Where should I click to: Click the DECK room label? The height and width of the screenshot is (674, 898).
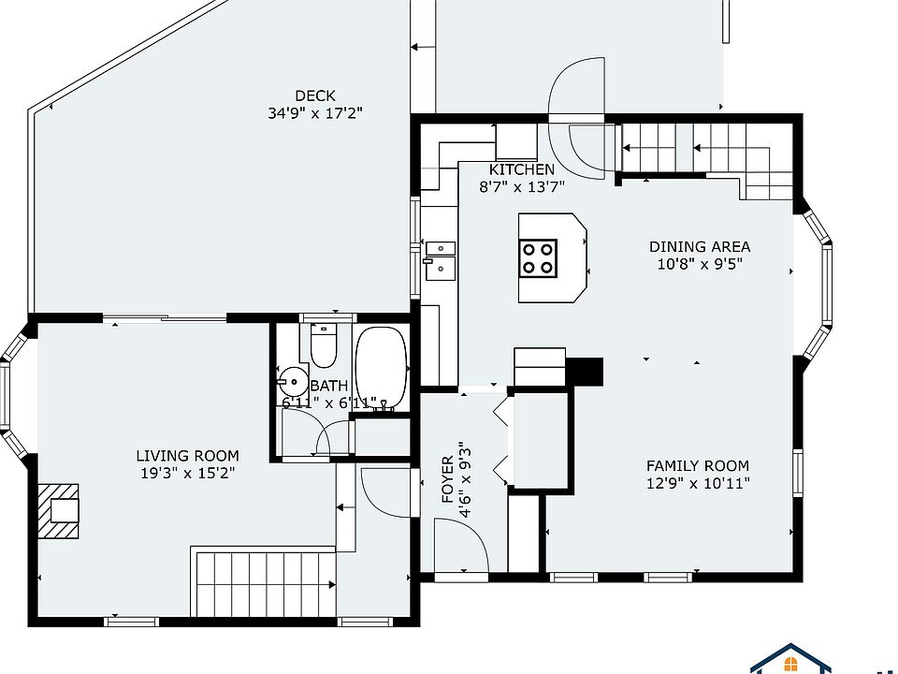(314, 95)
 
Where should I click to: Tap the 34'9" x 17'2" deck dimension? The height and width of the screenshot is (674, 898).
(315, 113)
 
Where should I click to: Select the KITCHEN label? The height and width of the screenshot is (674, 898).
(522, 169)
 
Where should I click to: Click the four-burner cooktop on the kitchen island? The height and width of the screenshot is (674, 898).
(538, 258)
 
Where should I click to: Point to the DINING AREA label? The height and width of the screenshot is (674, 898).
(700, 247)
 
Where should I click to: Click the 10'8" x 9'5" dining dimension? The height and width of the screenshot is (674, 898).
(700, 264)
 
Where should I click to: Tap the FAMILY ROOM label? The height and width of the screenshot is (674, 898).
(698, 466)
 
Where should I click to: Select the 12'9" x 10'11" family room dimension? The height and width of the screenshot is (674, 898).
(698, 483)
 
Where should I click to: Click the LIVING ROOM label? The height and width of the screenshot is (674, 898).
(187, 456)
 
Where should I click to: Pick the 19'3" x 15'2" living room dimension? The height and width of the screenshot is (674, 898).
(188, 474)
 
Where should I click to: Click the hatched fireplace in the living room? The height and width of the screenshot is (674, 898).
(58, 511)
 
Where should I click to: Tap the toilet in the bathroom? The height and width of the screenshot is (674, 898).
(324, 345)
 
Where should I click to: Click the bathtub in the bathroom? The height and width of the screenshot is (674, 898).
(382, 368)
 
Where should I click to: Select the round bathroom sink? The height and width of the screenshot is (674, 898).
(294, 381)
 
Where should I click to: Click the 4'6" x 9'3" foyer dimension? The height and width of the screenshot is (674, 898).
(465, 479)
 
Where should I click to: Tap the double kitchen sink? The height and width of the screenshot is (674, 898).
(440, 261)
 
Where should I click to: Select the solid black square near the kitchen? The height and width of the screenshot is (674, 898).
(584, 372)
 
